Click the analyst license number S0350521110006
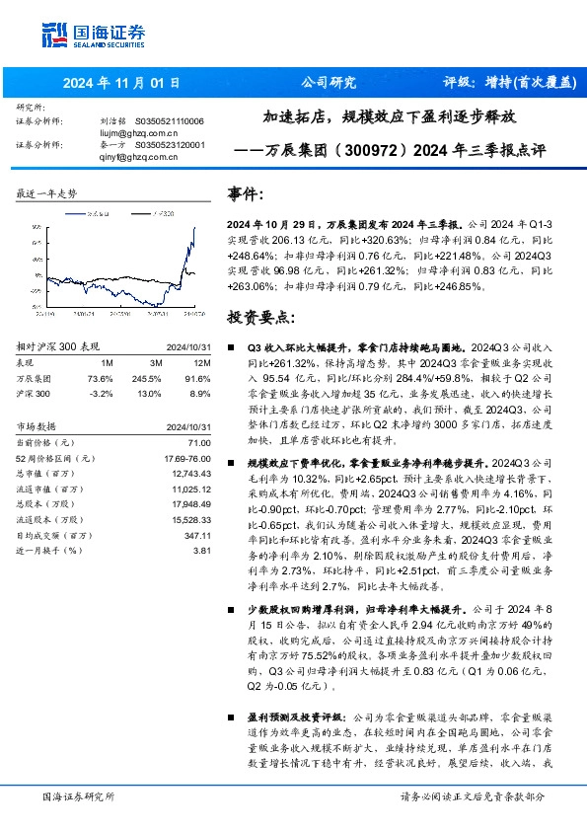click(169, 120)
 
